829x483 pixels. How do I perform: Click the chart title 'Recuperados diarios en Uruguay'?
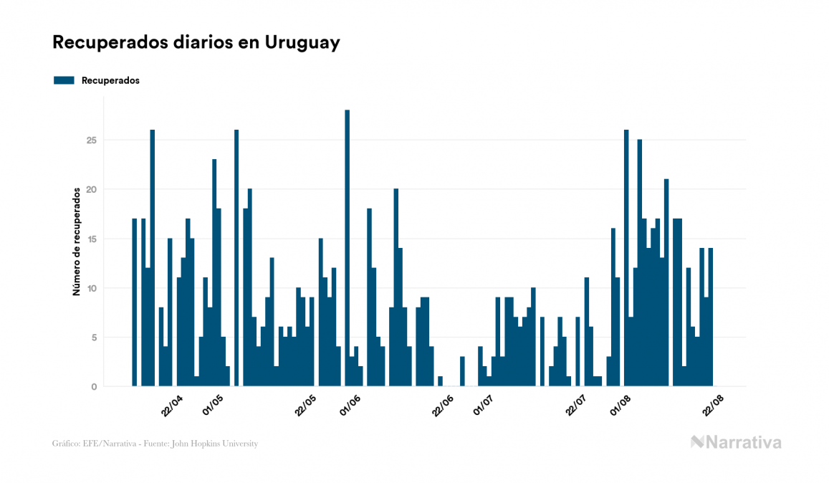pyautogui.click(x=196, y=42)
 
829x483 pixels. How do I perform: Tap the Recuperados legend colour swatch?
pyautogui.click(x=64, y=80)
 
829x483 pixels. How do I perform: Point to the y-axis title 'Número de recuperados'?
pyautogui.click(x=75, y=241)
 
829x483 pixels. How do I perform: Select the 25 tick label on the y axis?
pyautogui.click(x=92, y=140)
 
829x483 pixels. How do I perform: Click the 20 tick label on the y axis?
pyautogui.click(x=92, y=189)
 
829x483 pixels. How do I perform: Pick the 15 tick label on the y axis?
pyautogui.click(x=92, y=239)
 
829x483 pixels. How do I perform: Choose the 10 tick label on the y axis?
pyautogui.click(x=92, y=288)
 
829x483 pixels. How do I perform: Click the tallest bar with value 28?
pyautogui.click(x=348, y=248)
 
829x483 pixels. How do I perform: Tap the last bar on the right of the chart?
pyautogui.click(x=711, y=317)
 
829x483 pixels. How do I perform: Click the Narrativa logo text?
pyautogui.click(x=743, y=442)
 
